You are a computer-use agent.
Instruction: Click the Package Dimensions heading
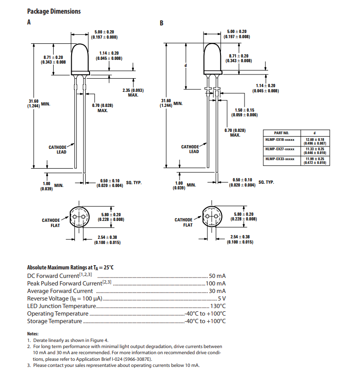54,11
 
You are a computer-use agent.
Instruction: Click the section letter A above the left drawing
29,22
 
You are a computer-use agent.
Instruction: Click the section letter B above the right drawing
162,23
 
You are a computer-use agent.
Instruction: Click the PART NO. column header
281,133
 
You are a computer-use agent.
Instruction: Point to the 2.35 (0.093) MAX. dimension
133,92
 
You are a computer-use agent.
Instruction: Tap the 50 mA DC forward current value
217,276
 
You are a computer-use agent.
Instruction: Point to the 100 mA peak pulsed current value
216,283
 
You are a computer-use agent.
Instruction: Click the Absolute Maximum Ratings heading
70,267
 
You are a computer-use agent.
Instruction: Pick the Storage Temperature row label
55,321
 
